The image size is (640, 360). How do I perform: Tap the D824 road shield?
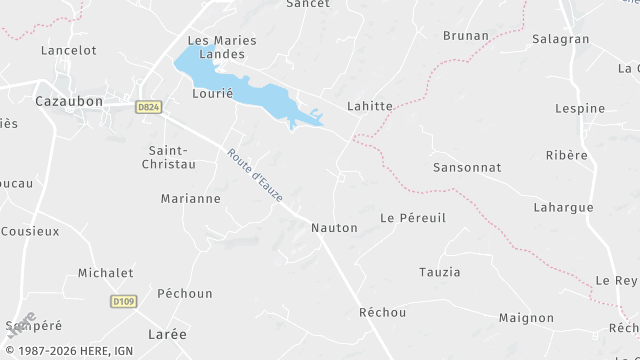click(x=148, y=106)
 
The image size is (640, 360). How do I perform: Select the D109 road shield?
click(x=123, y=300)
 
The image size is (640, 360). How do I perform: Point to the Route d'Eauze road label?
click(x=254, y=175)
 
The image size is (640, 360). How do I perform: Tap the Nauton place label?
click(x=334, y=228)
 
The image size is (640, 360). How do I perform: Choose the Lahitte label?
click(x=369, y=106)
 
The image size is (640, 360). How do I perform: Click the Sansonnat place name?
click(x=467, y=167)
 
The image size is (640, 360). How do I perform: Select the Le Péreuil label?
click(x=413, y=217)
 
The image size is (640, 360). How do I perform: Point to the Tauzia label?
click(x=440, y=272)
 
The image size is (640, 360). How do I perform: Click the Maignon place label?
click(x=526, y=318)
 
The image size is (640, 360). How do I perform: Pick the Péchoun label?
click(x=185, y=293)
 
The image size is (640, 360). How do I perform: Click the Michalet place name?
click(x=106, y=272)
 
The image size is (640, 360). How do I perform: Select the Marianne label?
click(x=190, y=198)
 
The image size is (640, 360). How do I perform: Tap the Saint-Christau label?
click(x=167, y=156)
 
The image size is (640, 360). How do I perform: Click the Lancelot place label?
click(x=69, y=49)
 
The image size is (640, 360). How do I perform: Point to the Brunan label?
click(x=466, y=35)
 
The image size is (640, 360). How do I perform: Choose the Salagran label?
click(x=562, y=38)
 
